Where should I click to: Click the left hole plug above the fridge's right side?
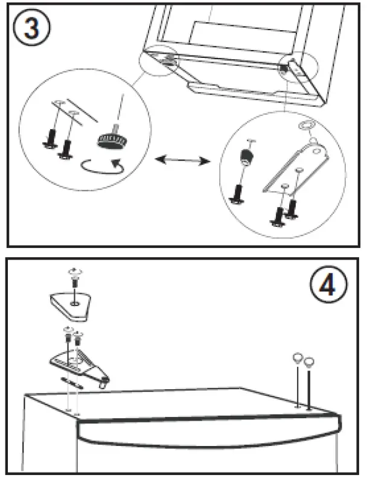(297, 358)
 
